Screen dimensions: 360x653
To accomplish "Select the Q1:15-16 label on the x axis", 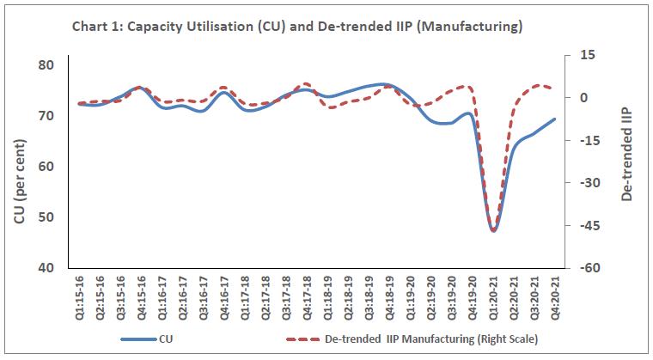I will pyautogui.click(x=80, y=294).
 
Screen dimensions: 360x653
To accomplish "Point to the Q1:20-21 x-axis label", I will pyautogui.click(x=492, y=294).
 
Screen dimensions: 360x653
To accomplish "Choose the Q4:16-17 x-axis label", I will pyautogui.click(x=224, y=294).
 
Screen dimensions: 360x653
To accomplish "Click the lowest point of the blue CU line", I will pyautogui.click(x=493, y=230).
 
